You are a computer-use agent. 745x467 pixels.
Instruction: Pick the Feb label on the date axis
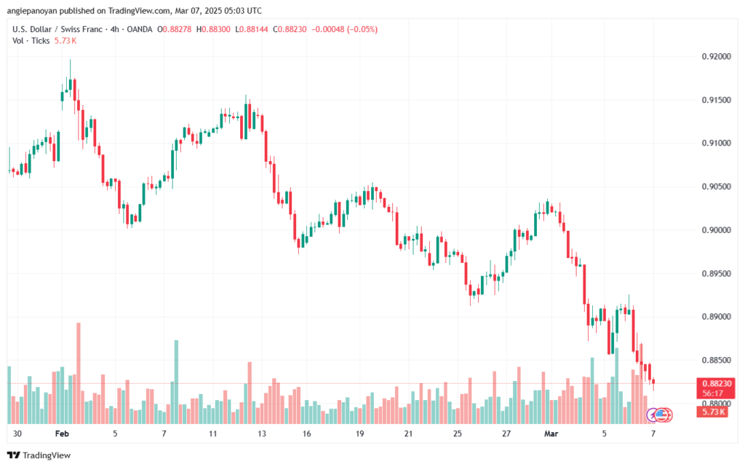61,433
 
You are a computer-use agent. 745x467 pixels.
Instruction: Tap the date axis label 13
262,433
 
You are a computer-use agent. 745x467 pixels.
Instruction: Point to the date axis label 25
458,433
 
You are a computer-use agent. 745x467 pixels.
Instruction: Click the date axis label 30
17,433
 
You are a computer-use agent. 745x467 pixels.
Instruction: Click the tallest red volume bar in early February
79,372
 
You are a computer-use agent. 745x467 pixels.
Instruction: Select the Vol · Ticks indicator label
31,41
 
